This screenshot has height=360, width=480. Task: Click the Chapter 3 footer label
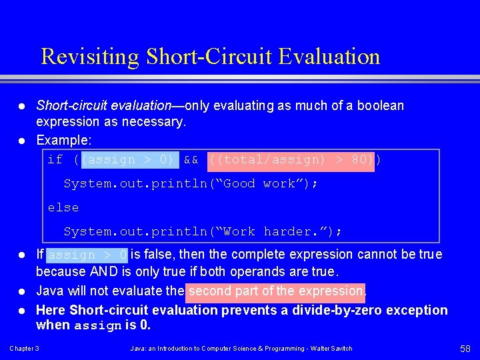[x=24, y=349]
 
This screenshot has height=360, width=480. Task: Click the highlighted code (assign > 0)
[x=128, y=160]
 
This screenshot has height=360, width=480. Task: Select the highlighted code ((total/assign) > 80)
[x=292, y=160]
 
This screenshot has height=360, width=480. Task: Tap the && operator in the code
[x=191, y=160]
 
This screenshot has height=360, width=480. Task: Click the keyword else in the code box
[x=63, y=208]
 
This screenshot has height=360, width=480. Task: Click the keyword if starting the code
[x=55, y=160]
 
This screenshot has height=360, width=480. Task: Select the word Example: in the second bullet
[x=64, y=141]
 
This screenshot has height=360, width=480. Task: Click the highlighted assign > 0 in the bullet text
[x=87, y=255]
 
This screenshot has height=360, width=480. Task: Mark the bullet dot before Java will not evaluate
[x=22, y=291]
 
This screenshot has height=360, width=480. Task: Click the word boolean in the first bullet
[x=381, y=106]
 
